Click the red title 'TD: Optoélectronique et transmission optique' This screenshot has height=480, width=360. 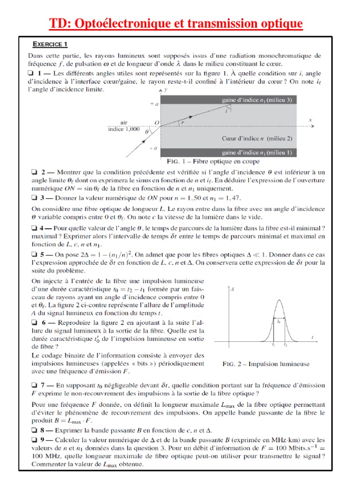click(176, 23)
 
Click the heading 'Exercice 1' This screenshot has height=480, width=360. click(50, 45)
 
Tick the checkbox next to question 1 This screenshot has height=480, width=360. click(30, 73)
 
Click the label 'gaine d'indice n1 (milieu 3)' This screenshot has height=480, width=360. click(257, 100)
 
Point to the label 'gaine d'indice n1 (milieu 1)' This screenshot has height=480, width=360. click(257, 152)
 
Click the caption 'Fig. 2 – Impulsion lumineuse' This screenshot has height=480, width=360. click(266, 363)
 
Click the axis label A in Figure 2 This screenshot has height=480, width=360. click(232, 290)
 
